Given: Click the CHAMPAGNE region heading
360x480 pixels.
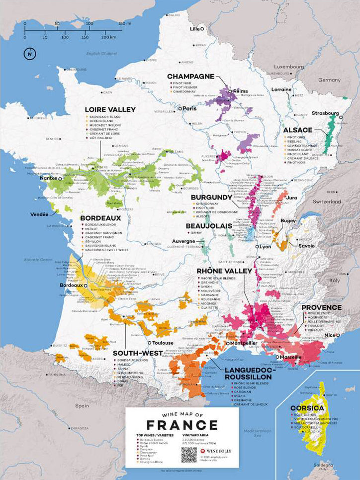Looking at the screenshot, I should [190, 77].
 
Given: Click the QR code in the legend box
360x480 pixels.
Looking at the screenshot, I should [189, 454].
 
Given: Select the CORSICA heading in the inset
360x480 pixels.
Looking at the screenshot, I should [307, 408].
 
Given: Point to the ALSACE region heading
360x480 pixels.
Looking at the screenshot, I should [298, 130].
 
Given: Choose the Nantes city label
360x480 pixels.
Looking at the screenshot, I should [48, 178].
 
